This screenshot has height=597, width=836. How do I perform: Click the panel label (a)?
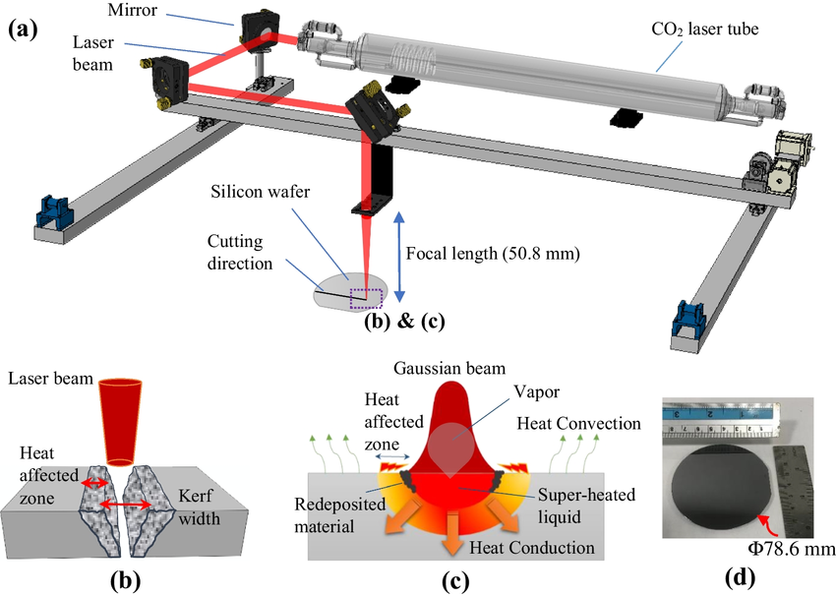(23, 29)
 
